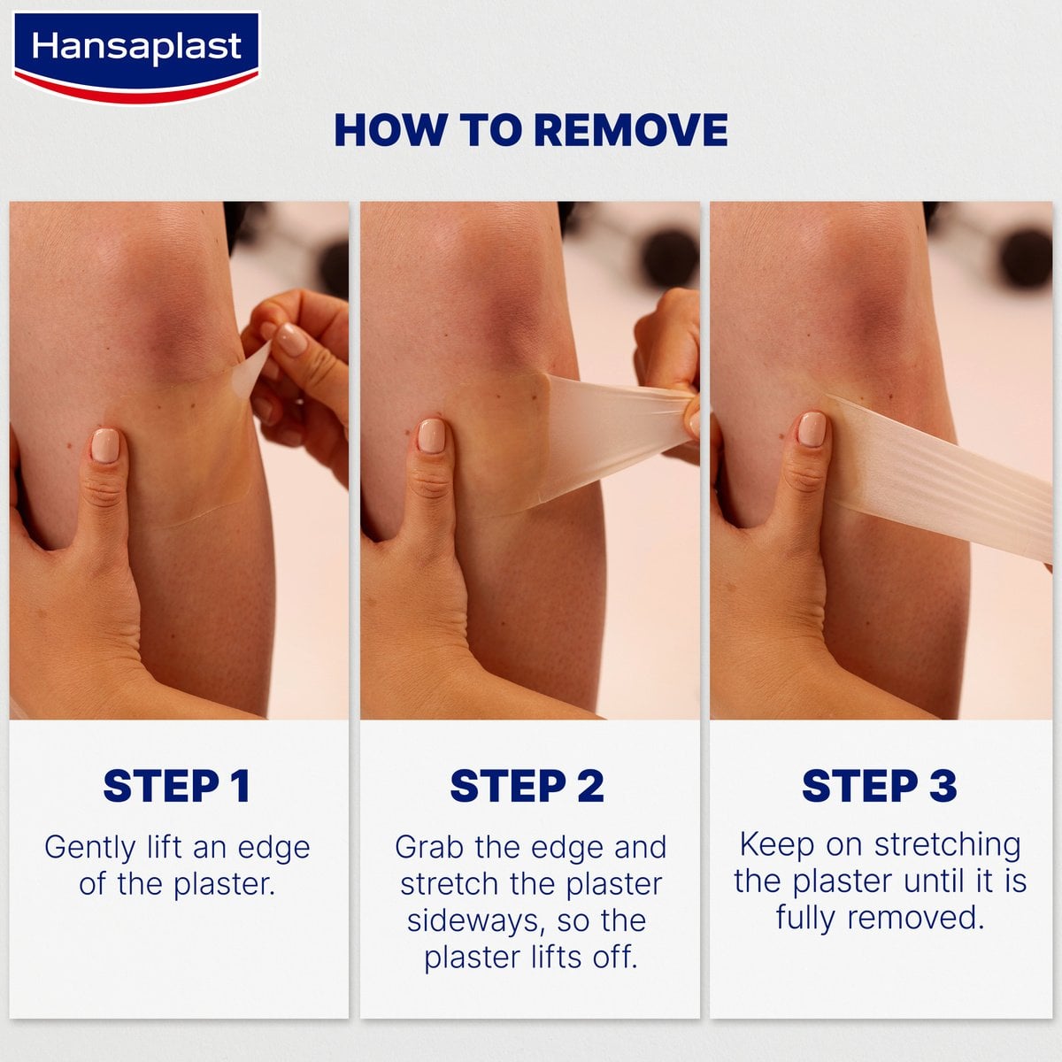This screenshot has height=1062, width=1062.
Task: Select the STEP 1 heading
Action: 177,786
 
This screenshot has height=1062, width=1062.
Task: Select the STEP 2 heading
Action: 527,786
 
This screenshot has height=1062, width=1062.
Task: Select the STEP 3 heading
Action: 880,786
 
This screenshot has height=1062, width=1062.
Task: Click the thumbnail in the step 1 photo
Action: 105,445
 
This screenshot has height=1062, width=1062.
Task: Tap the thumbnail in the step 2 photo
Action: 432,435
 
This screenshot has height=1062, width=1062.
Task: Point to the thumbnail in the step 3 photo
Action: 812,429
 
